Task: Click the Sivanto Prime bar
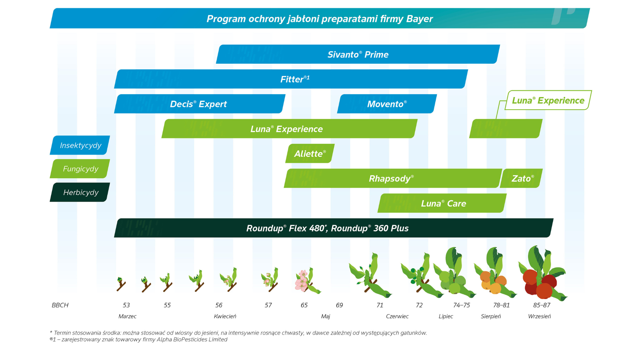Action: point(358,54)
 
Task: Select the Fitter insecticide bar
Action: point(291,79)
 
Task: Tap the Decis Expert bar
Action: point(199,104)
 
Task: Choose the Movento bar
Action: point(387,104)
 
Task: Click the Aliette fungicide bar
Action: point(310,154)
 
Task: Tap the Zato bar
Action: point(522,178)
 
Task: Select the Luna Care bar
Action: point(443,203)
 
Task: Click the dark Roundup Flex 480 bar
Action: point(333,228)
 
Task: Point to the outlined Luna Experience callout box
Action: point(548,100)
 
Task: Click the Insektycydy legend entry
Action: point(80,145)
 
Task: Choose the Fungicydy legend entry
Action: point(80,169)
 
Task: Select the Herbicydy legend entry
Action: point(80,192)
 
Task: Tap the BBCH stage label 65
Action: point(304,305)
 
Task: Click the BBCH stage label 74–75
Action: point(461,305)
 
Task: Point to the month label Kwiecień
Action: point(225,316)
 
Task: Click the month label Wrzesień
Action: point(539,316)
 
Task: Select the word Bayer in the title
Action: point(419,19)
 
